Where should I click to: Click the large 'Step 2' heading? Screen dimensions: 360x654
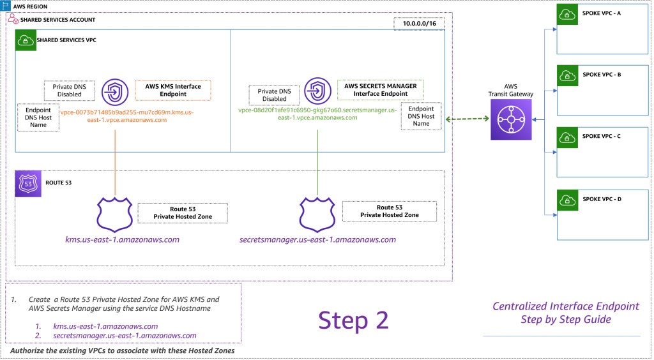click(353, 320)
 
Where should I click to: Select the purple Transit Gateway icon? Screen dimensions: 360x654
click(510, 119)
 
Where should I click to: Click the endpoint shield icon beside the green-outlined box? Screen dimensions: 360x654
click(317, 91)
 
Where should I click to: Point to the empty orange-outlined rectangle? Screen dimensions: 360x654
click(172, 90)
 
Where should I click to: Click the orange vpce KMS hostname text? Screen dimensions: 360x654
click(126, 116)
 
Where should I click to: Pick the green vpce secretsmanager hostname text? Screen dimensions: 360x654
click(317, 114)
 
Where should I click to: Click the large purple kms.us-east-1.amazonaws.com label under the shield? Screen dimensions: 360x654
click(123, 240)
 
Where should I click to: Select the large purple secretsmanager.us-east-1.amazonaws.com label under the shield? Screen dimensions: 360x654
click(317, 240)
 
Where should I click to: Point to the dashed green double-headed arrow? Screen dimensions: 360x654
click(468, 119)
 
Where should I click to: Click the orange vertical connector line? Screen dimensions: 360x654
click(115, 160)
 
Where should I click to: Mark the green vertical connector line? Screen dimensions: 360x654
click(317, 160)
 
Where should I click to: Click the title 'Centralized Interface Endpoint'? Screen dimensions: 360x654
click(565, 306)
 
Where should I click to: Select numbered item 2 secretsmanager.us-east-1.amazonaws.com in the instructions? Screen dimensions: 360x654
click(125, 335)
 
